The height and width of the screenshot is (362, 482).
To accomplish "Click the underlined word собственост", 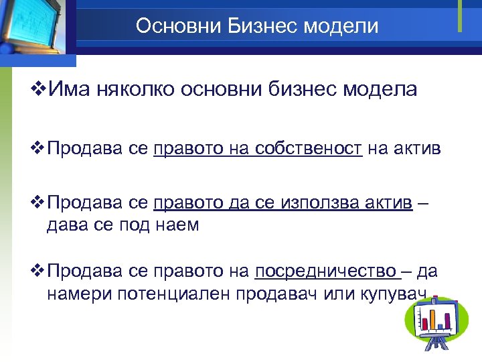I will (309, 148).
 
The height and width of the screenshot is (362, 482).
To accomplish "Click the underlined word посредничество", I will (326, 271).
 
